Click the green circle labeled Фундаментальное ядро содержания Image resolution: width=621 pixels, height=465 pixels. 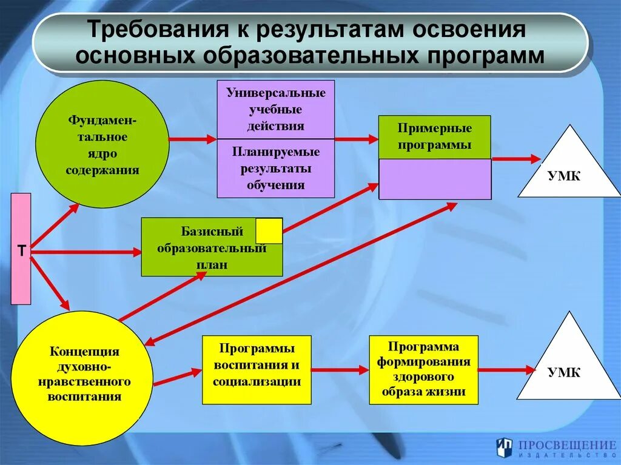tap(102, 144)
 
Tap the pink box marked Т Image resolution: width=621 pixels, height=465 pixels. tap(21, 249)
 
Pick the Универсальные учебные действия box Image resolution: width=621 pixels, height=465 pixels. tap(275, 109)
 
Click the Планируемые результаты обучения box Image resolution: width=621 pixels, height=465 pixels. tap(275, 168)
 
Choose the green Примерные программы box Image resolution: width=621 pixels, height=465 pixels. tap(434, 137)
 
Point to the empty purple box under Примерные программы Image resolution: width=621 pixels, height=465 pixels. tap(435, 179)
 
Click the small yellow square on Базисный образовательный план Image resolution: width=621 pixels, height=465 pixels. tap(269, 231)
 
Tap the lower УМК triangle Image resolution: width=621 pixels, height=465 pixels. tap(568, 364)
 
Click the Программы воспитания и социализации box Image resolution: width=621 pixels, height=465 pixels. tap(257, 370)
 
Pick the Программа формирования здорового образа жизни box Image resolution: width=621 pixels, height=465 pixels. tap(423, 370)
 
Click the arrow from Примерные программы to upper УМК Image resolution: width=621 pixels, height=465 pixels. tap(515, 159)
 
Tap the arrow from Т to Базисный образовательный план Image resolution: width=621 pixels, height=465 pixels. tap(85, 252)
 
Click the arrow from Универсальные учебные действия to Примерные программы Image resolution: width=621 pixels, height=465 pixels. tap(356, 139)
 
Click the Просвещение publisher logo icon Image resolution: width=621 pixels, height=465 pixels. tap(504, 447)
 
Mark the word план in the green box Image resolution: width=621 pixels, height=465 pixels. tap(212, 265)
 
